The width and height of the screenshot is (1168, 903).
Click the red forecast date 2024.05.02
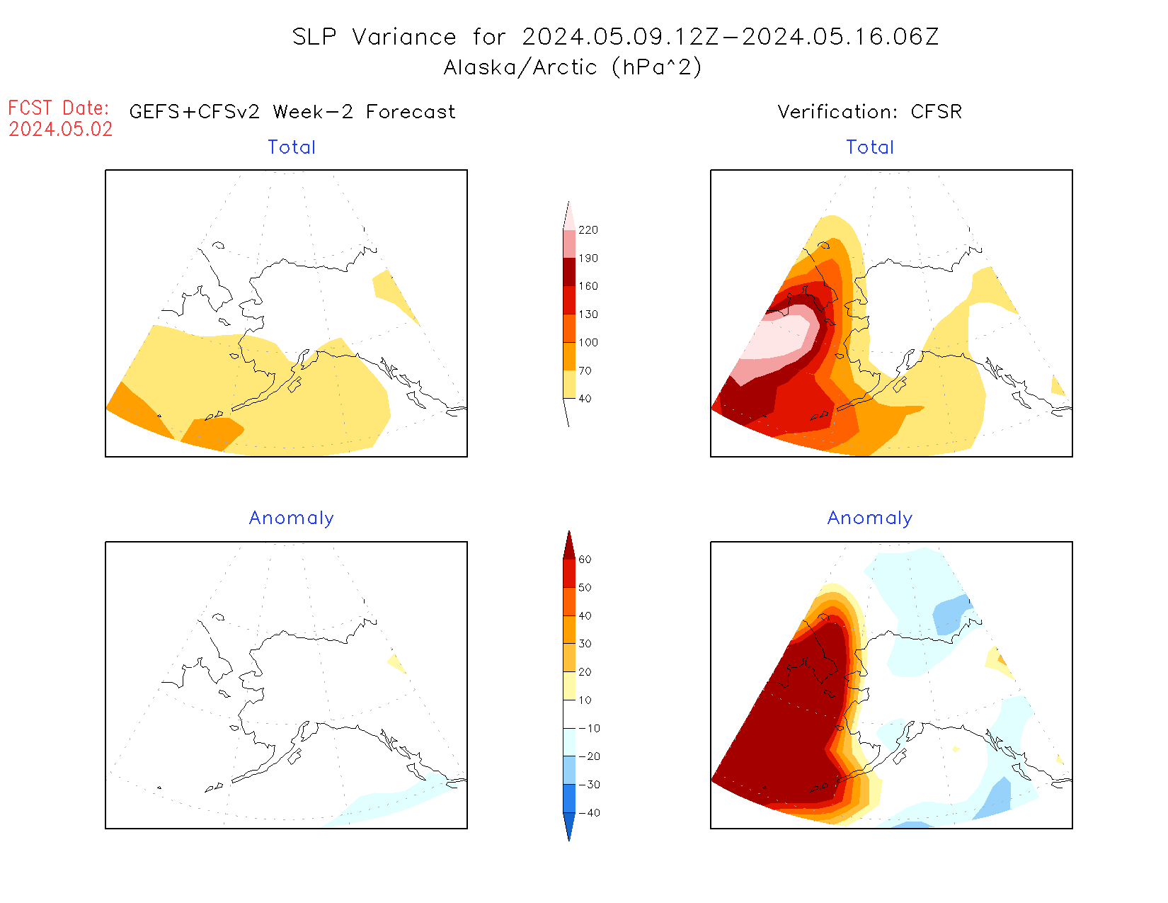61,130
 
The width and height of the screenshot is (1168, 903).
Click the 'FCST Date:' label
59,108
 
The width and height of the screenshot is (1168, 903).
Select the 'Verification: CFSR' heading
869,112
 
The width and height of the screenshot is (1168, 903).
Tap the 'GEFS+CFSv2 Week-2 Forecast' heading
292,112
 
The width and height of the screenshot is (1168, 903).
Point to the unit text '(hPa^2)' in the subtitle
657,67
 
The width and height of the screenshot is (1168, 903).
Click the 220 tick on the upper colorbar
588,230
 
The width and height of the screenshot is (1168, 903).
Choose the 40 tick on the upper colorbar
585,399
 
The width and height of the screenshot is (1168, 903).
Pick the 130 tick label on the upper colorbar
588,314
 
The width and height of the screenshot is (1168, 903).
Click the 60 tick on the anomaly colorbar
585,560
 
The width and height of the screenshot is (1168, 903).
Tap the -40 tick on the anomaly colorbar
589,813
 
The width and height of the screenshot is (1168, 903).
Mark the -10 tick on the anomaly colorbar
589,728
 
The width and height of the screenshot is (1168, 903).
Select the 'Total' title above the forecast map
292,147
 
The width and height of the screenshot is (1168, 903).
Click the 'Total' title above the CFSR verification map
870,147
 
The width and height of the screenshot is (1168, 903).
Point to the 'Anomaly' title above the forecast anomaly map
291,518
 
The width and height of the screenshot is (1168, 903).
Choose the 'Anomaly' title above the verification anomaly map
870,518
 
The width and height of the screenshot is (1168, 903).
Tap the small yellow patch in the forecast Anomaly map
397,664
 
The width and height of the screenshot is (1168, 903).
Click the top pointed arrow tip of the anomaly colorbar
569,533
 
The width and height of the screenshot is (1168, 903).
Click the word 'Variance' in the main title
404,37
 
